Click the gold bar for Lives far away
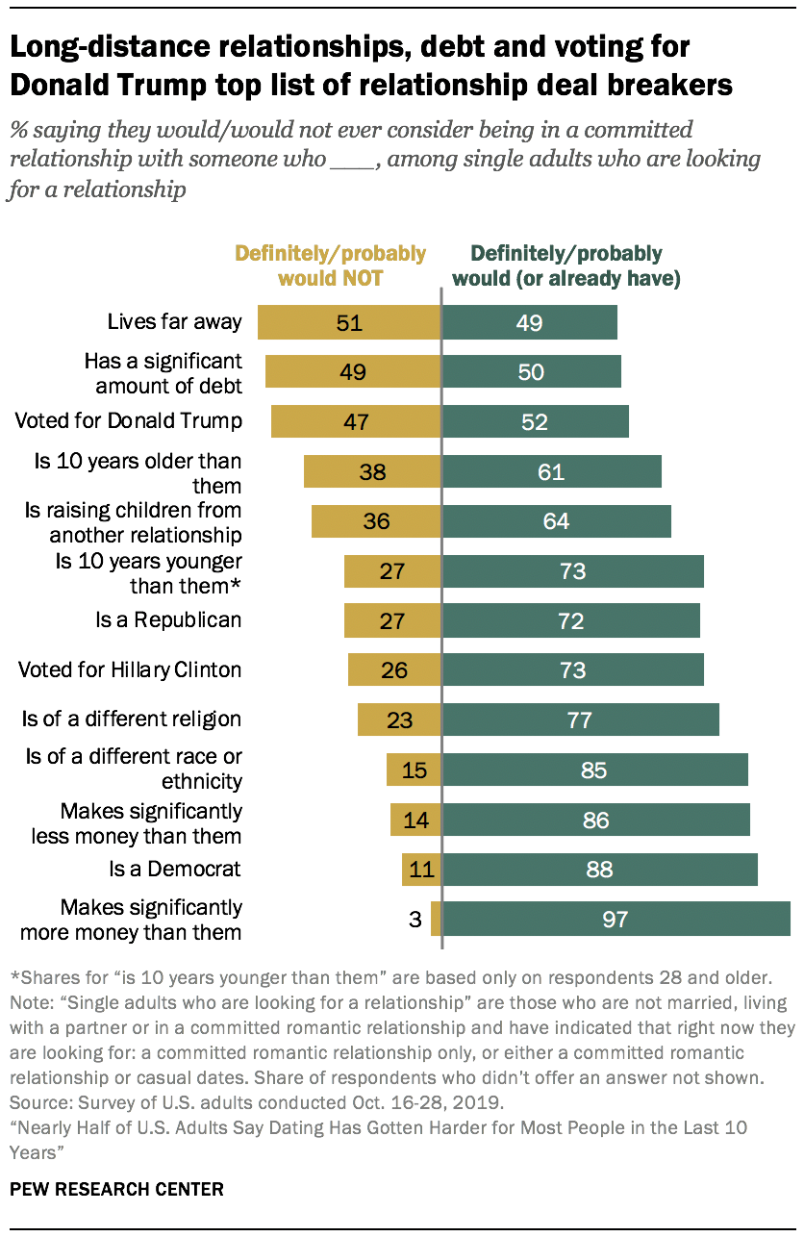click(349, 322)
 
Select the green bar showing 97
click(616, 920)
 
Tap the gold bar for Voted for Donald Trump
click(356, 421)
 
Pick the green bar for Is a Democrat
click(599, 870)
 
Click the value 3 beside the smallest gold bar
click(415, 920)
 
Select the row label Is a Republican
click(167, 620)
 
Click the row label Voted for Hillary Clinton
click(130, 670)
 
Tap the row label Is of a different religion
click(132, 719)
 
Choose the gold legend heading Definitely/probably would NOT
click(331, 266)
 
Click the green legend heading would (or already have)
click(575, 279)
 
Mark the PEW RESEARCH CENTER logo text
click(116, 1189)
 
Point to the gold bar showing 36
click(376, 521)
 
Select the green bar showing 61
click(551, 471)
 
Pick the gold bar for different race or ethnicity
click(414, 770)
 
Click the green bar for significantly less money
click(596, 820)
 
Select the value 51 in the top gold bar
click(349, 322)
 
